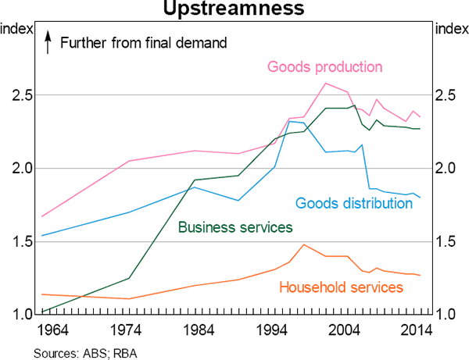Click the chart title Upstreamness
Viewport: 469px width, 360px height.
[x=234, y=9]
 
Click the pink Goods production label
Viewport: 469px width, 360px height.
[x=324, y=66]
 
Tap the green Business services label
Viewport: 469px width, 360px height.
[x=235, y=227]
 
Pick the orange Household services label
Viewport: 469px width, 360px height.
[x=341, y=287]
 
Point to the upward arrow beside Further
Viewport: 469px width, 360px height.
[x=48, y=42]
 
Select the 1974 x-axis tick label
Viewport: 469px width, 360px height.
[x=128, y=331]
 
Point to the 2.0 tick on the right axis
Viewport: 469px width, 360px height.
[x=447, y=169]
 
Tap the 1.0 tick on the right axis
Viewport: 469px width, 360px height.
[x=447, y=315]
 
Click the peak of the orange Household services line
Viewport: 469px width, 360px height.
[x=303, y=244]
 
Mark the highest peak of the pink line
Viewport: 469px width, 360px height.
[x=325, y=84]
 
